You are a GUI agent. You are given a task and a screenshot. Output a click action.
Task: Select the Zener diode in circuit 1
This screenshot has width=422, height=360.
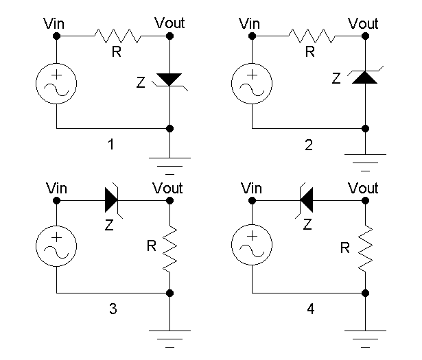[169, 81]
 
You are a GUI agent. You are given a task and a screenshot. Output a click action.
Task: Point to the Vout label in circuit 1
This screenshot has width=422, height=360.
[169, 24]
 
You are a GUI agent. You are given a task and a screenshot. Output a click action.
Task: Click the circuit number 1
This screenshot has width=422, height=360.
[113, 145]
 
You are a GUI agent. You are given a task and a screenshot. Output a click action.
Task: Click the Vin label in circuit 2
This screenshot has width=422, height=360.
[250, 24]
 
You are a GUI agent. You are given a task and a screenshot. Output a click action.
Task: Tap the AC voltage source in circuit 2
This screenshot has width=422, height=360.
[252, 84]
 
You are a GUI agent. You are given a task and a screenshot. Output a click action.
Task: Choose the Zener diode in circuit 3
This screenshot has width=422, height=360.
[113, 200]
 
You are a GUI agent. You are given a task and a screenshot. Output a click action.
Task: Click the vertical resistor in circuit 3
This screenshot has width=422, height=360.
[169, 250]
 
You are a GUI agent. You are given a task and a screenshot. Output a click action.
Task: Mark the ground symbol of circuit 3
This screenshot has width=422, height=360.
[169, 337]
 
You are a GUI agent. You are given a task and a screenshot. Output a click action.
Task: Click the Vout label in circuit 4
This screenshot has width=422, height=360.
[363, 187]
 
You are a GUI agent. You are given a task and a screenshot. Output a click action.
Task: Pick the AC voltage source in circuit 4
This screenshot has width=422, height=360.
[252, 248]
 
